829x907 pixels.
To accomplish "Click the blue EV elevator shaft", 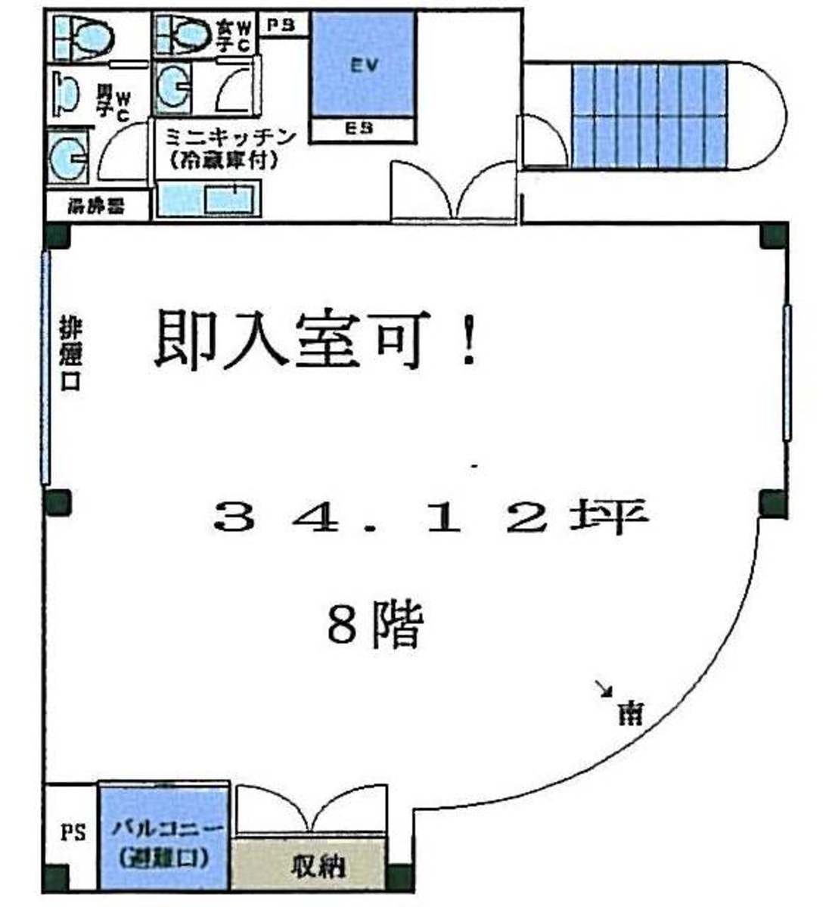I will (x=363, y=64).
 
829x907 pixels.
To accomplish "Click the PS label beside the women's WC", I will (x=282, y=26).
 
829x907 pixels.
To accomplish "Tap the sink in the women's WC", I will (x=172, y=87).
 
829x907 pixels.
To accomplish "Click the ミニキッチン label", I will (x=219, y=138).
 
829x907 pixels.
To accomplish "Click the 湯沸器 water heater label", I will (x=96, y=206).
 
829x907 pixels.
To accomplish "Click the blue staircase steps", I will (x=648, y=115).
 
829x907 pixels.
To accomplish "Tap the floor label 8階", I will (x=374, y=625).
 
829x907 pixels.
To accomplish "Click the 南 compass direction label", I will (x=629, y=712).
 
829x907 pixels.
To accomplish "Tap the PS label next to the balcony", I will (x=73, y=834).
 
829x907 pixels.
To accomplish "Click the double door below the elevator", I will (x=454, y=193).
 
